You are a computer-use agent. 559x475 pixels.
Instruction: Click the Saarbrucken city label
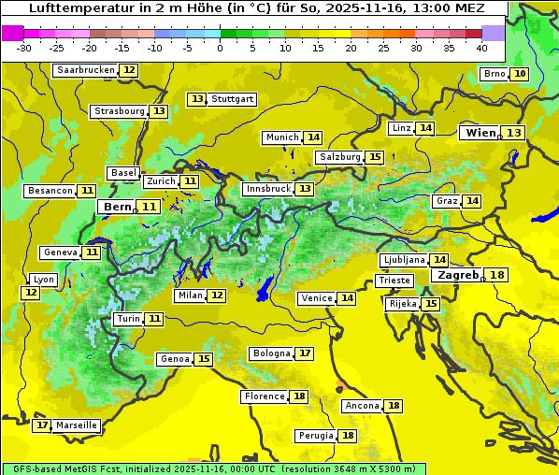click(85, 70)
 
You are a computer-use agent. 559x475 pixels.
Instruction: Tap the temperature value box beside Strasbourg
click(159, 111)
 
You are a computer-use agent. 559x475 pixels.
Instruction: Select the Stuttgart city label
click(233, 99)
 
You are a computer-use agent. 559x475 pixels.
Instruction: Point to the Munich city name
click(281, 137)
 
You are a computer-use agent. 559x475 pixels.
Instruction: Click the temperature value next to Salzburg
click(375, 157)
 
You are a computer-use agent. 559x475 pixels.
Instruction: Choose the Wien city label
click(481, 133)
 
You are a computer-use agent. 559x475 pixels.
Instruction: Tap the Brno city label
click(494, 74)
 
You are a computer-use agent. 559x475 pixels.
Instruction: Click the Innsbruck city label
click(267, 189)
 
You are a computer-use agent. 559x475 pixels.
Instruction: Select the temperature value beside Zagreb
click(497, 275)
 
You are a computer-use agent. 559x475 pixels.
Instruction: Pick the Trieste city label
click(394, 281)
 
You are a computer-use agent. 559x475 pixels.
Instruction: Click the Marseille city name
click(77, 425)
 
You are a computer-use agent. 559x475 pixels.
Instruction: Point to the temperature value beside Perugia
click(348, 436)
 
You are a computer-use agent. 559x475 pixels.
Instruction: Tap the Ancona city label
click(362, 406)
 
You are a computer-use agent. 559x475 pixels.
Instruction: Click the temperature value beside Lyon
click(31, 293)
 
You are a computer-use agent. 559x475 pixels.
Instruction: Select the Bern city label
click(118, 207)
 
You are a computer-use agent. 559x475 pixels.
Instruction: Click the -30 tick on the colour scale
click(24, 47)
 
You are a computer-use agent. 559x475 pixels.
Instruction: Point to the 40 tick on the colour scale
click(481, 47)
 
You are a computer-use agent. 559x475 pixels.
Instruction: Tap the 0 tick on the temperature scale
click(221, 47)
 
